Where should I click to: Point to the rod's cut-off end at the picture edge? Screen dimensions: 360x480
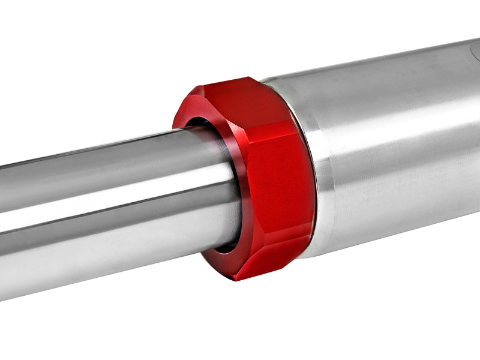[x=2, y=222]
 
